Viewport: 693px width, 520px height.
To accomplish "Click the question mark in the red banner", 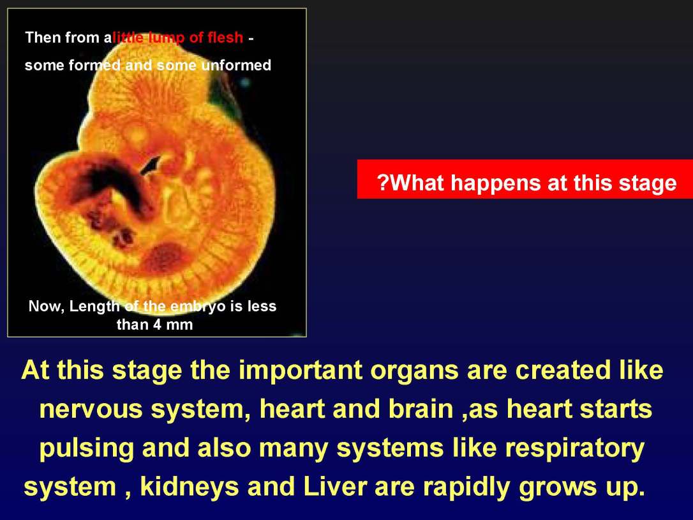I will (383, 183).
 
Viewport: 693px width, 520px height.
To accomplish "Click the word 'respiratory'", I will (574, 449).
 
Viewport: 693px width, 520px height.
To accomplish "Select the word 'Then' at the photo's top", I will (41, 38).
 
